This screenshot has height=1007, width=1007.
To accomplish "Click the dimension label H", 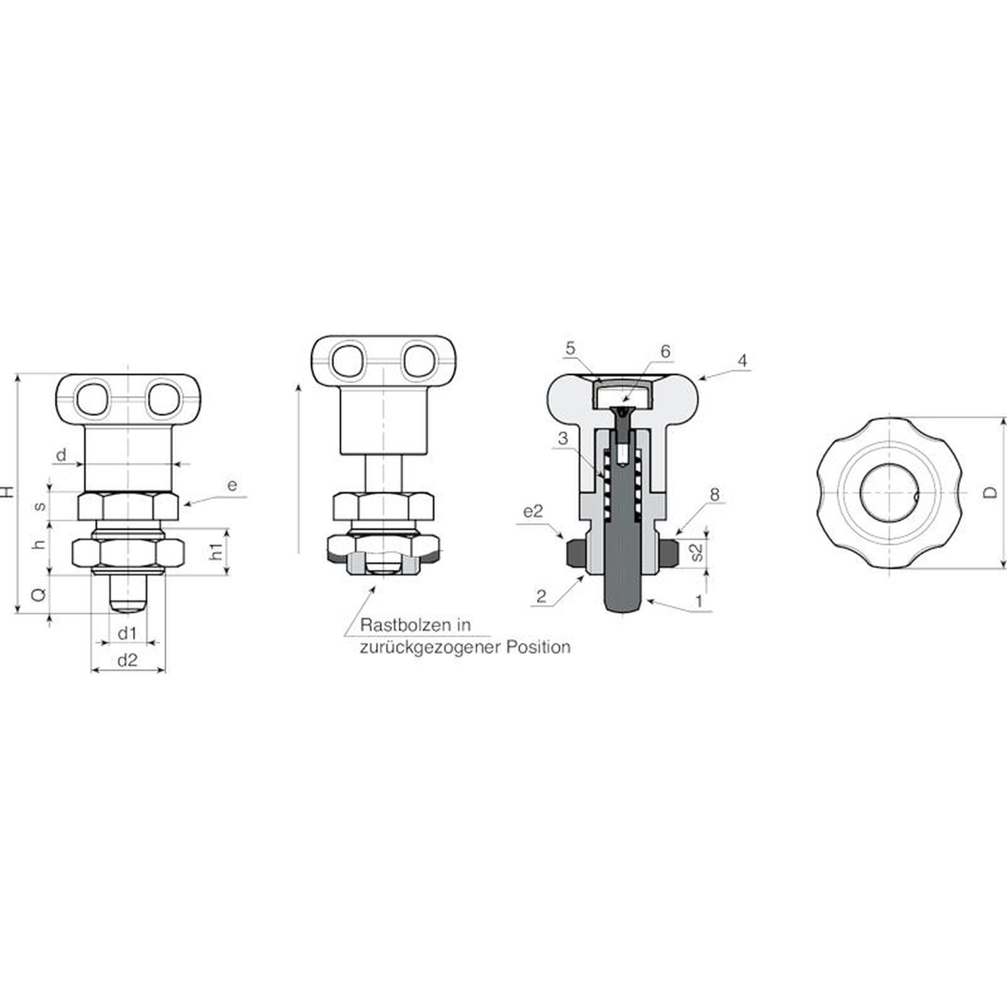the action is click(8, 492).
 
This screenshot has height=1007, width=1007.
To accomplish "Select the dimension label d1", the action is click(127, 633).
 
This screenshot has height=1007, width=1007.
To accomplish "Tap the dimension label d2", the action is click(128, 660).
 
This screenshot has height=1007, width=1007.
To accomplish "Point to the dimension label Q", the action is click(39, 594).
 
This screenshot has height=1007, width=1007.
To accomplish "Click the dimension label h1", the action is click(217, 551).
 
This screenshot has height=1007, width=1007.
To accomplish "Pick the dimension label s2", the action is click(697, 552).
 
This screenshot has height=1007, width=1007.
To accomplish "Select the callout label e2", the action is click(532, 512).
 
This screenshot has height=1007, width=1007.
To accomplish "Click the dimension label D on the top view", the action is click(991, 492).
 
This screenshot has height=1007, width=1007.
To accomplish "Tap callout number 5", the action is click(570, 349).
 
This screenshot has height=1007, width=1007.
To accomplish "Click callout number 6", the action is click(665, 351).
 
